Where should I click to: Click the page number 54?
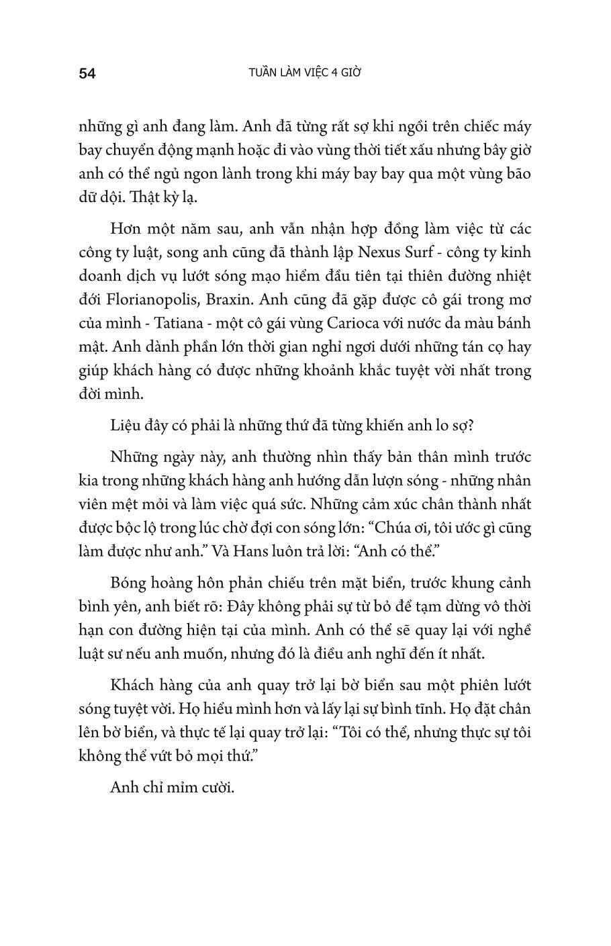87,73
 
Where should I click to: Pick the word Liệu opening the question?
126,425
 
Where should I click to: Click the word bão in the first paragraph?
518,174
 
